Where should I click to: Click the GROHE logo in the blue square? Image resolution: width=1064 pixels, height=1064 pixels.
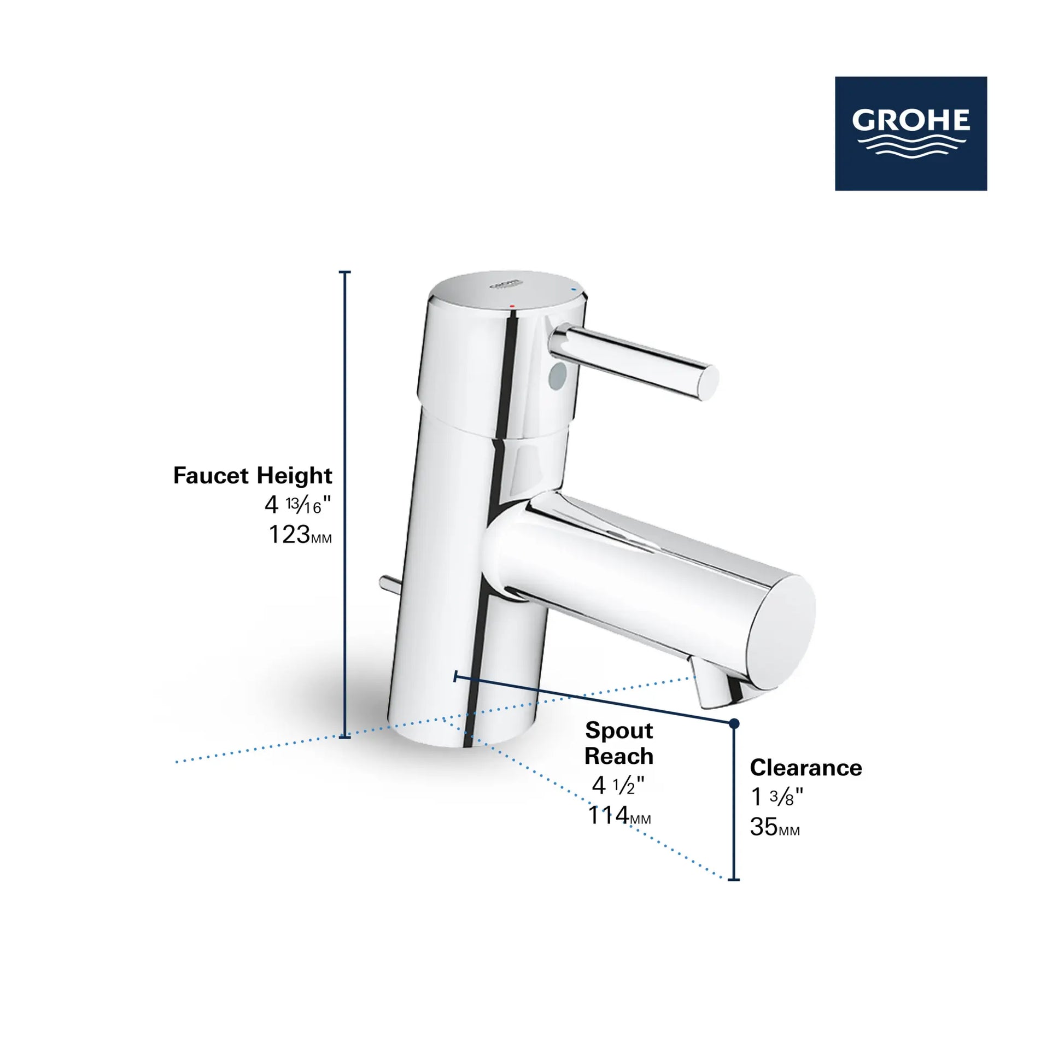pos(910,133)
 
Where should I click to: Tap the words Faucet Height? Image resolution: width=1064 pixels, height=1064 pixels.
pos(253,475)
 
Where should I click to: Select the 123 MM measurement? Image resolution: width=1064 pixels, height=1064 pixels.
pos(300,534)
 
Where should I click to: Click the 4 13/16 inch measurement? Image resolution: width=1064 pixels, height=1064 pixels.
pos(297,505)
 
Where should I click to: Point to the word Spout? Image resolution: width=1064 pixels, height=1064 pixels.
pos(618,731)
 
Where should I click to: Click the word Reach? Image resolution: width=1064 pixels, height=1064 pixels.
pos(618,756)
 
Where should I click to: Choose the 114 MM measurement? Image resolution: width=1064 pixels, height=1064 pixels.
pos(619,816)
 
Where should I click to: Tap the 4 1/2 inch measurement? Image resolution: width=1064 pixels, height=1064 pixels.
pos(618,785)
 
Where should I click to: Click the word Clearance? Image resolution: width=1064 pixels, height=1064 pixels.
pos(806,768)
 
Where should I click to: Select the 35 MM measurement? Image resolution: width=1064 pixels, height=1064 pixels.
pos(774,827)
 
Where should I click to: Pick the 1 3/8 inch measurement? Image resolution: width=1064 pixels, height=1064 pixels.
pos(776,797)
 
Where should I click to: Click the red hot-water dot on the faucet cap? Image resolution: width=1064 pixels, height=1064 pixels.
pos(513,305)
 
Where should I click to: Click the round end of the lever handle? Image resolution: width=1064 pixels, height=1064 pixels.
pos(709,382)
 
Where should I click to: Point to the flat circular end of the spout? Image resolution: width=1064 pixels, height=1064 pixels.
pos(782,631)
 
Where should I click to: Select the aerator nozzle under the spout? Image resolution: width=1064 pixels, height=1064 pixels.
pos(714,688)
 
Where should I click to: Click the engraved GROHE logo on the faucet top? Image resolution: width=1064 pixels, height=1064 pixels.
pos(505,284)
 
